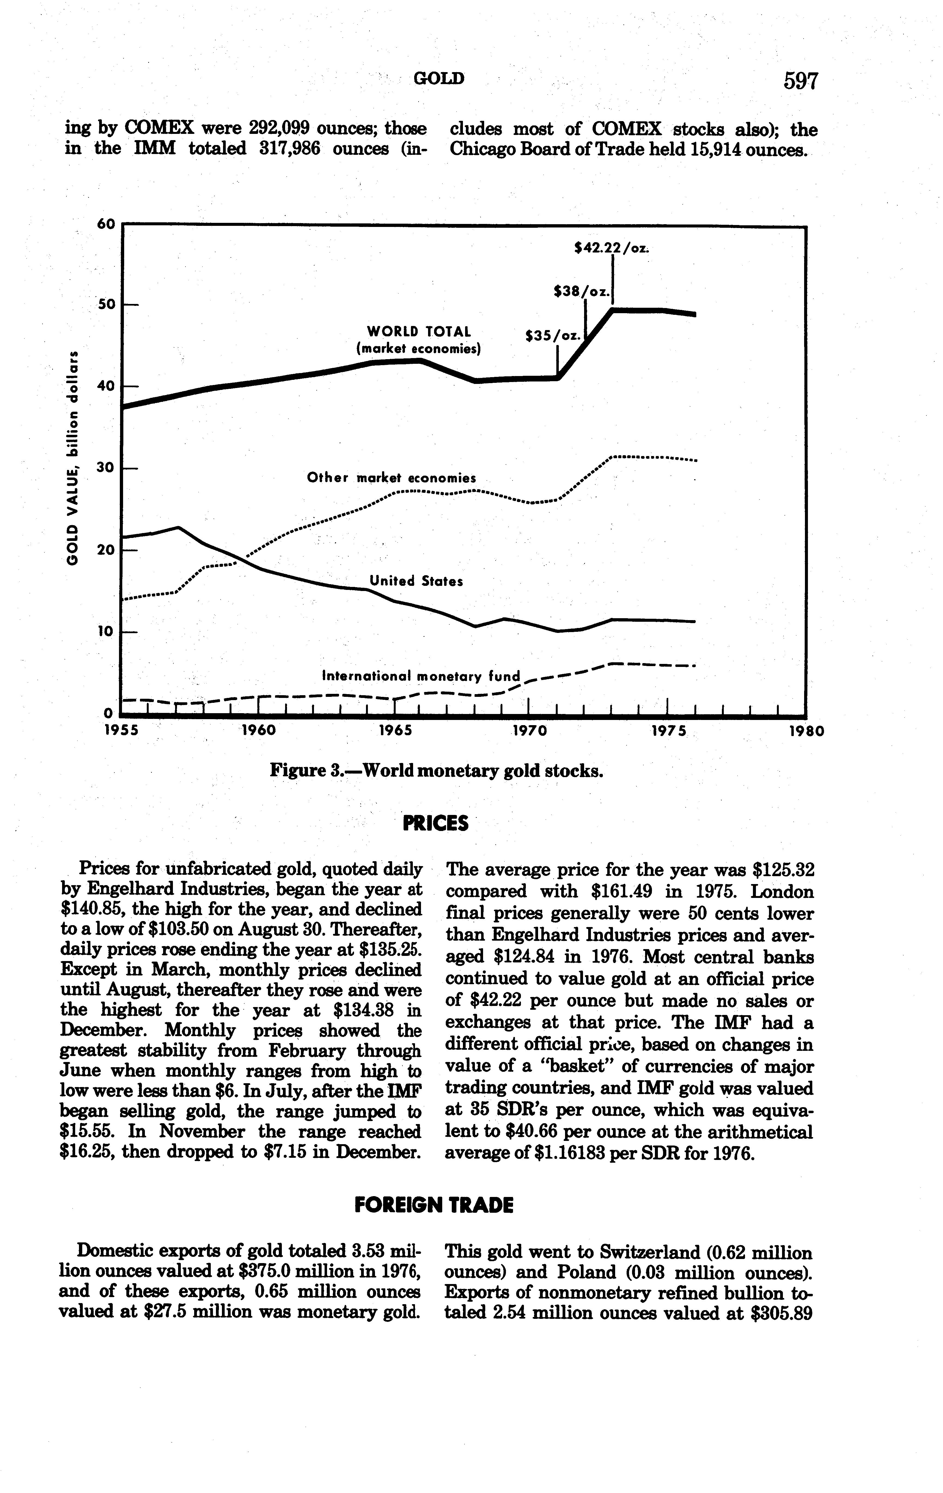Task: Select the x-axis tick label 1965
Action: point(396,731)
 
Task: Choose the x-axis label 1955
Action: point(121,731)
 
